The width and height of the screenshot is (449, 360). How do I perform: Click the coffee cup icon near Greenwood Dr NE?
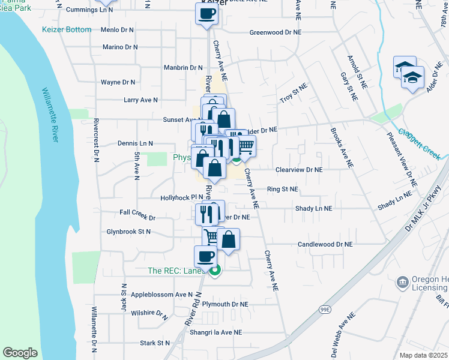click(x=206, y=14)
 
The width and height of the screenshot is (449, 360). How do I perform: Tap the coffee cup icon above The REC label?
click(x=205, y=256)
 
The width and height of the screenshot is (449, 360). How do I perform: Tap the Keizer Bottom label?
click(x=67, y=29)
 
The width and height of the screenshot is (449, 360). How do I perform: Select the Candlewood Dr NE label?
click(x=325, y=245)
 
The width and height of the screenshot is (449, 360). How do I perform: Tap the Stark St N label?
click(x=155, y=343)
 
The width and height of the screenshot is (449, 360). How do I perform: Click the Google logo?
click(x=20, y=353)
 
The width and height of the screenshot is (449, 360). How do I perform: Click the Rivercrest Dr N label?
click(x=95, y=140)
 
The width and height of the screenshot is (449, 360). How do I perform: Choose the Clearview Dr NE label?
click(x=299, y=170)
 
